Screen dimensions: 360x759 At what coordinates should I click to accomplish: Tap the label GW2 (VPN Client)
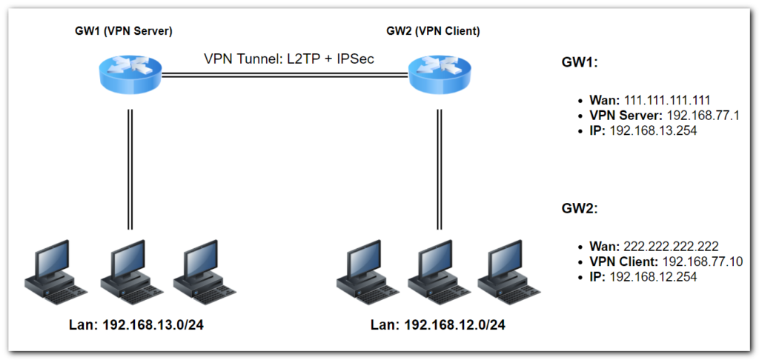(433, 30)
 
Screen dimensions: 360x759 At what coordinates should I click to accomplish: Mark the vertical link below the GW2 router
(439, 170)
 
